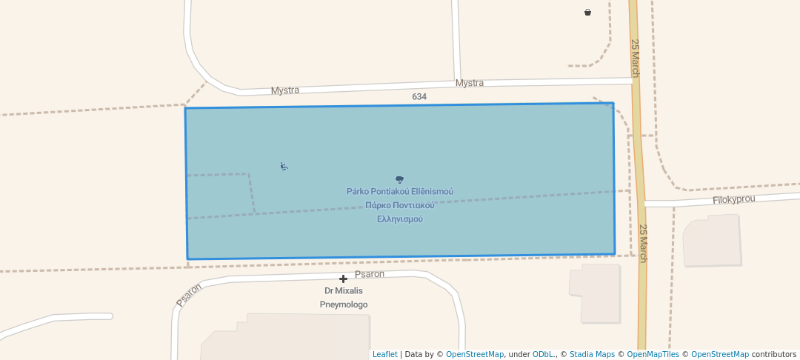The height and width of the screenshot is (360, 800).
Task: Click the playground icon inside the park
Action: tap(284, 166)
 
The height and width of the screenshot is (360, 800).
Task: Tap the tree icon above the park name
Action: tap(400, 179)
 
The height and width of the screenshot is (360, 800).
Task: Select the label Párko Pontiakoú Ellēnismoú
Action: tap(400, 192)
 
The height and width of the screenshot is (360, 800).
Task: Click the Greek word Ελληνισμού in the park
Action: tap(400, 219)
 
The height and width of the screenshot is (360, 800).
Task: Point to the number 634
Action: tap(419, 97)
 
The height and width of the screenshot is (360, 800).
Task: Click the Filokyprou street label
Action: tap(733, 200)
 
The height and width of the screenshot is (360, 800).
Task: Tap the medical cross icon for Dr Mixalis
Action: tap(343, 279)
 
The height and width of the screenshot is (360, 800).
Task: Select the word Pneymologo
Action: tap(344, 304)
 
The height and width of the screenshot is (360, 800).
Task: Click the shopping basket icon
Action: tap(587, 12)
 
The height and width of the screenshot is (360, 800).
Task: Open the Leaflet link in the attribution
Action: tap(384, 354)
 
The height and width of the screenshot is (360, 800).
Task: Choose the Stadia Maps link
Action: tap(592, 354)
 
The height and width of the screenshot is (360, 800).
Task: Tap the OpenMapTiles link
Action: tap(653, 354)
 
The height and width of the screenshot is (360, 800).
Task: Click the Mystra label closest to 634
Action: tap(470, 83)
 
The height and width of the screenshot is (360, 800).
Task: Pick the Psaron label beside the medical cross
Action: tap(370, 274)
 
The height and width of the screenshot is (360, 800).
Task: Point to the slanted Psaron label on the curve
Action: tap(189, 294)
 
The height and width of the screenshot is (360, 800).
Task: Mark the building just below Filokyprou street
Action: tap(711, 240)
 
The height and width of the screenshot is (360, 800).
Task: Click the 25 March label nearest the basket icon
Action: tap(635, 58)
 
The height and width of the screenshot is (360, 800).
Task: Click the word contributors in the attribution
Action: tap(774, 354)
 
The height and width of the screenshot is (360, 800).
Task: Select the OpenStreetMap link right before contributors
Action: tap(719, 354)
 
